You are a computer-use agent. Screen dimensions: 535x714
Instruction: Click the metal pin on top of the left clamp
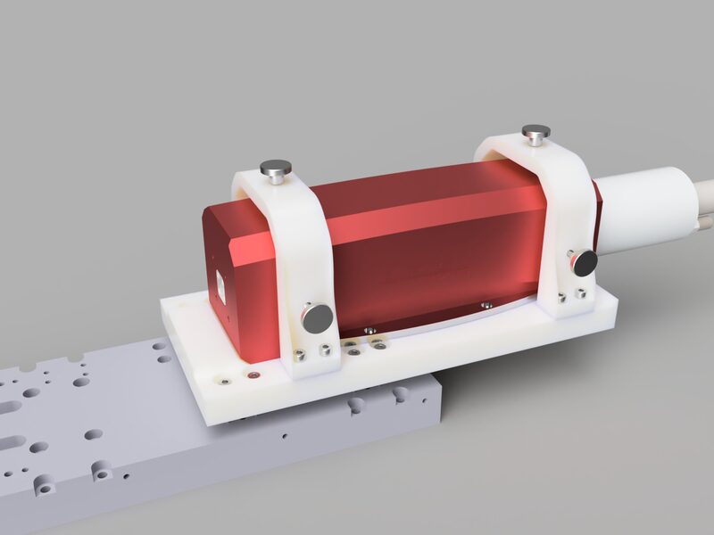point(275,167)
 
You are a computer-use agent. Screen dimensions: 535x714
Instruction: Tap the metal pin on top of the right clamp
point(535,133)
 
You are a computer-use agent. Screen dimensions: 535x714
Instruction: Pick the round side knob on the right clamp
point(585,262)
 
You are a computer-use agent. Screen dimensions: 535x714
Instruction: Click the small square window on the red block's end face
point(221,284)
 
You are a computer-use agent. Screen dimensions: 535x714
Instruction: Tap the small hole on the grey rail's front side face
point(284,438)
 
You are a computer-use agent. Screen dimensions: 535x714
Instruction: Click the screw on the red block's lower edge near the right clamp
point(486,304)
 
